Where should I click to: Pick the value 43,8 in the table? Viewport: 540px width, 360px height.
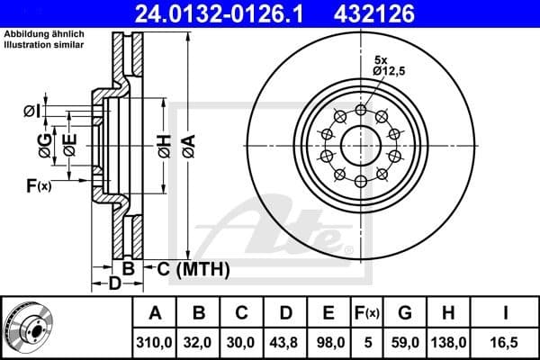(285, 342)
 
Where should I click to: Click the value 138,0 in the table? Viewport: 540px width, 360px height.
(448, 342)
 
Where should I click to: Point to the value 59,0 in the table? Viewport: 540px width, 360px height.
(405, 342)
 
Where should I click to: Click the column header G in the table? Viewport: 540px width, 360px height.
(405, 313)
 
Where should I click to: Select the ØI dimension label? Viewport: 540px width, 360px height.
(31, 111)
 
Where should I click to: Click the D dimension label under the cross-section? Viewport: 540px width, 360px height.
(114, 284)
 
